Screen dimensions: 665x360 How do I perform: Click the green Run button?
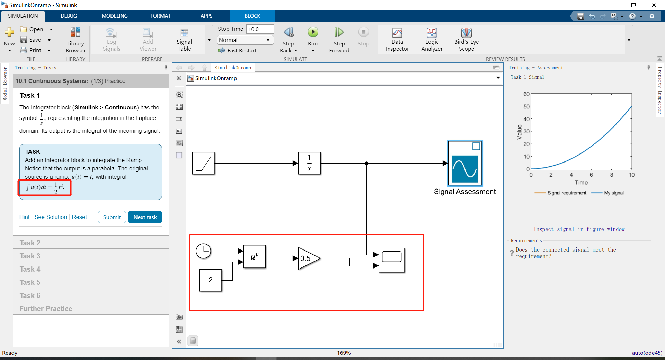[313, 33]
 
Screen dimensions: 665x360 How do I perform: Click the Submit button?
[112, 217]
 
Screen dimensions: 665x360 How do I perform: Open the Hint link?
[24, 217]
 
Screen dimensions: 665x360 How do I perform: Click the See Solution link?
[51, 217]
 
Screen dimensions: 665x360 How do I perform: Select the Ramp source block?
[203, 163]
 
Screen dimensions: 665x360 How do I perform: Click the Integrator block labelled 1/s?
[309, 163]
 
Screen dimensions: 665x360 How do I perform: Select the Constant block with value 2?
[211, 280]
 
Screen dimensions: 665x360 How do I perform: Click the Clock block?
[203, 251]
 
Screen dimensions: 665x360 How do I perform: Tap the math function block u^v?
[255, 257]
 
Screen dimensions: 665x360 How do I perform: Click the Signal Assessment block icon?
[465, 163]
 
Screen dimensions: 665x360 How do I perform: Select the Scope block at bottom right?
[392, 260]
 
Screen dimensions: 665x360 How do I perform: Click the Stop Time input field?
[260, 29]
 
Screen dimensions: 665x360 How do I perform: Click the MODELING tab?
[115, 16]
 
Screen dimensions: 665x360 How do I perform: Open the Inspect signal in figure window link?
[579, 229]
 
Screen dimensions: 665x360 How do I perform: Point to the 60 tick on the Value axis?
[526, 94]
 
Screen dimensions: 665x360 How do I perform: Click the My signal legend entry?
[613, 193]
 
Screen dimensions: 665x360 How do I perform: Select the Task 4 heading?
[30, 269]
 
